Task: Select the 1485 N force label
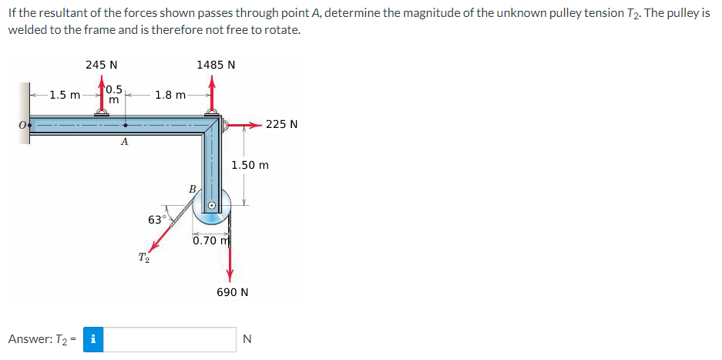(216, 65)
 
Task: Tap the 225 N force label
(282, 123)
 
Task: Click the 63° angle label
(156, 220)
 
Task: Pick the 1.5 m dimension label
(64, 96)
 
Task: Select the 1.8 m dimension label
(170, 96)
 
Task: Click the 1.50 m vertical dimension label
(250, 165)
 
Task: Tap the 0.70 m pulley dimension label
(212, 241)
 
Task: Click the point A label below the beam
(124, 143)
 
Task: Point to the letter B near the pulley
(193, 187)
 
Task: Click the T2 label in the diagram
(143, 257)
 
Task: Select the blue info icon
(93, 338)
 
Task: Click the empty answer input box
(170, 338)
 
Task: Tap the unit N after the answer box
(247, 338)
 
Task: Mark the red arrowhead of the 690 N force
(230, 278)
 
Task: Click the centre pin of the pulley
(215, 207)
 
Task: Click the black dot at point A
(127, 123)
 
